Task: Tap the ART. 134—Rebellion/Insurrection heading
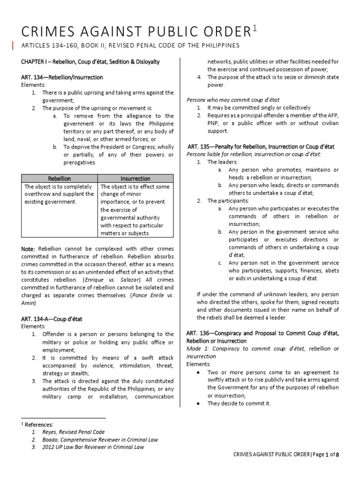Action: point(62,77)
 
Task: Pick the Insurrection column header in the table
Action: point(135,179)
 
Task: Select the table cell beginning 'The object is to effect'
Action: point(135,210)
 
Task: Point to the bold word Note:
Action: point(28,248)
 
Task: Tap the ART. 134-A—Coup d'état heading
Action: point(52,319)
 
